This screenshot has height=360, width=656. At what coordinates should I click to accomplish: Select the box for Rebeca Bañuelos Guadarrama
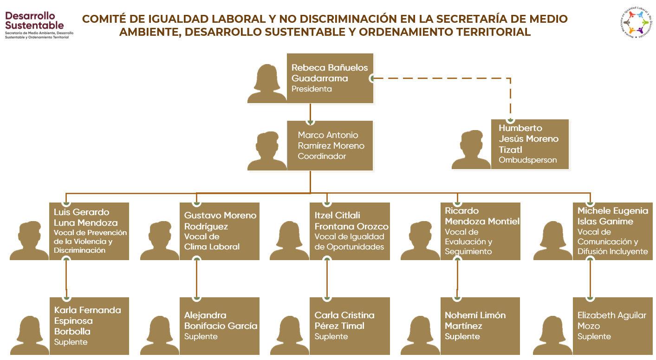point(330,78)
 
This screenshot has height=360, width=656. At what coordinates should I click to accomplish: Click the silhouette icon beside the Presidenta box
point(266,84)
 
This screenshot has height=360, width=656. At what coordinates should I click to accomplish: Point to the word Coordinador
point(322,157)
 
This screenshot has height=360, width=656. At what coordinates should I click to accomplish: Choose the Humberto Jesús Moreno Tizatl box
point(529,144)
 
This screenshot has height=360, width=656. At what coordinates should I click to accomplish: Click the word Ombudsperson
point(527,160)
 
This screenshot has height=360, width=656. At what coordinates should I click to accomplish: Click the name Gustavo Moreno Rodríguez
point(220,221)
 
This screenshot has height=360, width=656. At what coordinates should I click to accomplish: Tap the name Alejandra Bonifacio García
point(221,321)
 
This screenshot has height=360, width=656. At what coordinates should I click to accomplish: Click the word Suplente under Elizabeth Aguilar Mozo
point(594,337)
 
